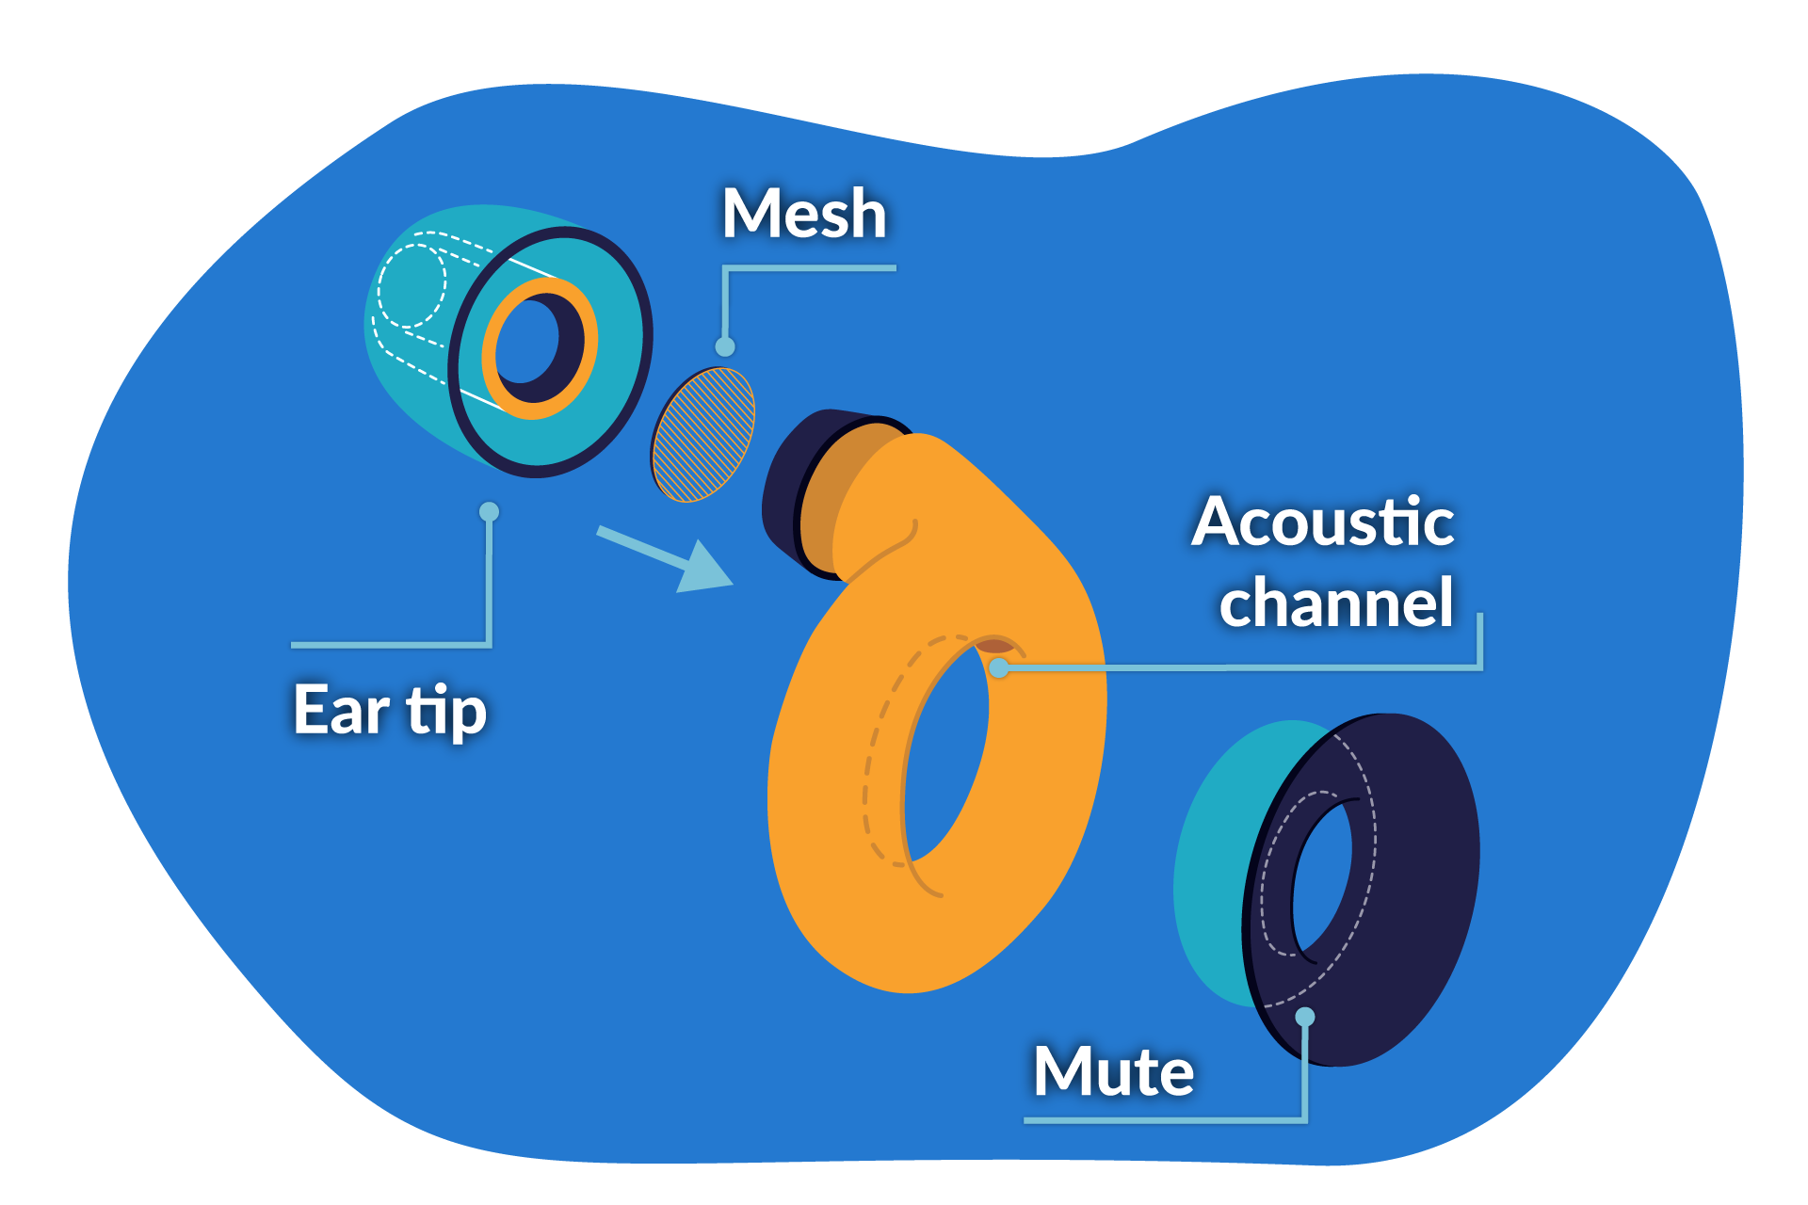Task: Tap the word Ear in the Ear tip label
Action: pos(341,710)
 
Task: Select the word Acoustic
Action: pos(1322,522)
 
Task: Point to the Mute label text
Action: pos(1113,1072)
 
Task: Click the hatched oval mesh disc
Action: pos(703,434)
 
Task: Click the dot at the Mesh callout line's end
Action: pos(724,346)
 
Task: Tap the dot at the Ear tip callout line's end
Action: pos(489,511)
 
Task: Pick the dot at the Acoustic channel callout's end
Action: pos(1000,667)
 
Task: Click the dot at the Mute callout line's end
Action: pos(1304,1017)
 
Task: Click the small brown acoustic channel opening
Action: pos(994,646)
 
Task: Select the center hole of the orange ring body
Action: pos(946,753)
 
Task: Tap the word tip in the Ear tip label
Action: pos(446,712)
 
